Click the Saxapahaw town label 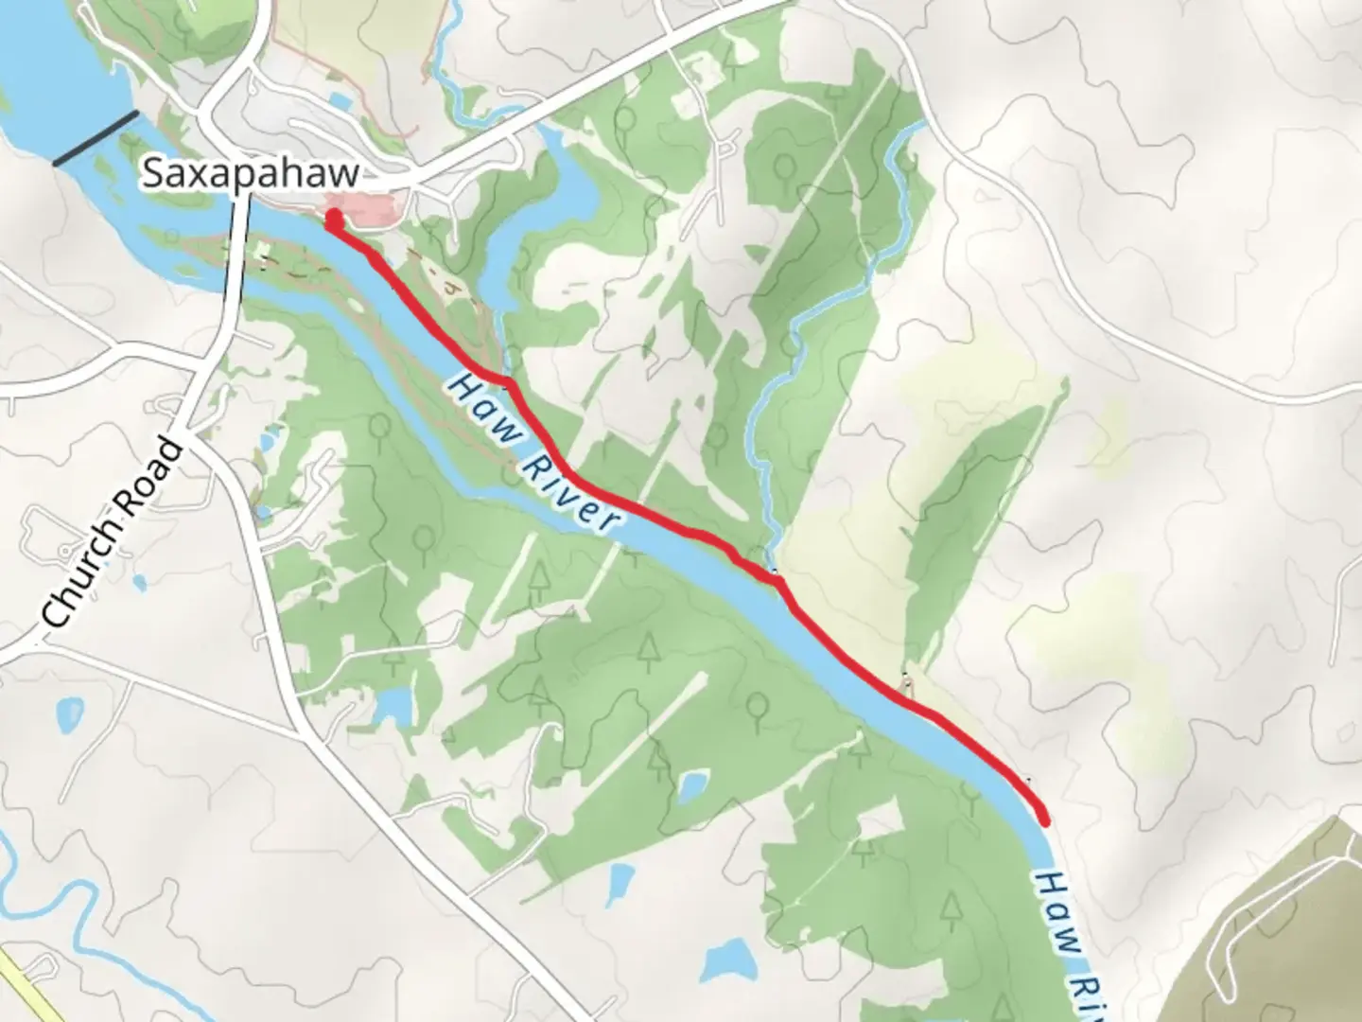[x=251, y=174]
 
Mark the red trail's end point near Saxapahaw [x=333, y=220]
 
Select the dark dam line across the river [x=96, y=138]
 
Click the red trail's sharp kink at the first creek [x=509, y=381]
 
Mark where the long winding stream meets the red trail [x=776, y=573]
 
